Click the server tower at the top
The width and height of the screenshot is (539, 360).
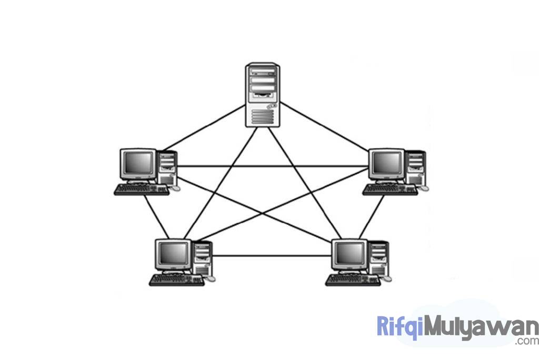point(263,95)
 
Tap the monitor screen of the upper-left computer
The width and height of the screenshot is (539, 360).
point(138,164)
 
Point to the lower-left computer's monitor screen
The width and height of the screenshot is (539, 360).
point(173,254)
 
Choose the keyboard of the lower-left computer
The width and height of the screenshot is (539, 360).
point(177,281)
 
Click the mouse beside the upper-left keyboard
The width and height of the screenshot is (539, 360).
point(175,188)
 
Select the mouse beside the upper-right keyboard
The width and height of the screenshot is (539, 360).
point(424,188)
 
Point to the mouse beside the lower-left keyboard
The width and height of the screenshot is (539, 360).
point(211,278)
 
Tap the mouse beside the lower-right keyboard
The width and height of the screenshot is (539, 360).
point(387,278)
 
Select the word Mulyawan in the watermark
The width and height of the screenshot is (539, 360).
point(478,327)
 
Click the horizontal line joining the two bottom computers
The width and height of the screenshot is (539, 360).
point(271,256)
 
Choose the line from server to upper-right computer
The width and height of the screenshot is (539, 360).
point(324,128)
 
